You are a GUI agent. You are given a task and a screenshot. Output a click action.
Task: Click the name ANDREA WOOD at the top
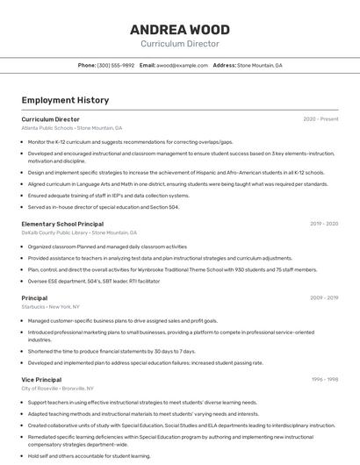tap(180, 28)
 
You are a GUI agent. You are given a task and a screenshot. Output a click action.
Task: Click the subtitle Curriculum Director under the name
tap(180, 43)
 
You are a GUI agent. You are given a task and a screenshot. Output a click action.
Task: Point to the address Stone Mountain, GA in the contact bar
tap(260, 65)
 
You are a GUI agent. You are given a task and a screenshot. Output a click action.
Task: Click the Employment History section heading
tap(65, 100)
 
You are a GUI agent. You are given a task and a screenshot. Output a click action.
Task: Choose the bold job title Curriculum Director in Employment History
tap(50, 118)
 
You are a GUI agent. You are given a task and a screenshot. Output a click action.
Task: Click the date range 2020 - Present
tap(320, 118)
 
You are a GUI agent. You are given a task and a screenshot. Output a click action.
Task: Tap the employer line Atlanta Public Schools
tap(72, 128)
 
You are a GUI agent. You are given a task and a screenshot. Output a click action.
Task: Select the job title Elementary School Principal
tap(62, 224)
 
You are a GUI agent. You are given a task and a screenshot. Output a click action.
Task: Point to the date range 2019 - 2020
tap(324, 224)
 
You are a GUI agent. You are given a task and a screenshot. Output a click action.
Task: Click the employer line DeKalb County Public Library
tap(79, 233)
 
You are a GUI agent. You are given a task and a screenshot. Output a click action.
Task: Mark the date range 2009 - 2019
tap(324, 297)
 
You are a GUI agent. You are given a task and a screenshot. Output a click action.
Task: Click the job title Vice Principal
tap(41, 379)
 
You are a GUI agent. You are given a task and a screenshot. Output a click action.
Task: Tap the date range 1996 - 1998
tap(325, 379)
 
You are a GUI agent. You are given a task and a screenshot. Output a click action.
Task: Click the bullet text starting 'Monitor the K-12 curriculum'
tap(130, 141)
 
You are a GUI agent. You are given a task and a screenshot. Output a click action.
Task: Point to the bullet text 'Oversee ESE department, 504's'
tap(94, 282)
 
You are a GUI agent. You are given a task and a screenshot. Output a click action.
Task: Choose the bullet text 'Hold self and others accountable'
tap(89, 455)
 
